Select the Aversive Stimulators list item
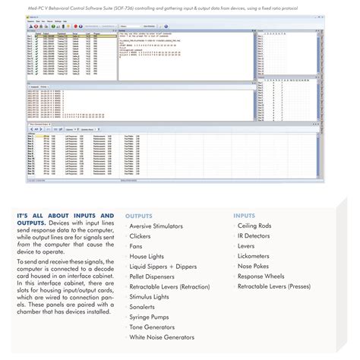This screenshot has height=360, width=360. click(161, 226)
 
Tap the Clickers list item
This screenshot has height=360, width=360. click(143, 236)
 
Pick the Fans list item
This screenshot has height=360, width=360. click(137, 246)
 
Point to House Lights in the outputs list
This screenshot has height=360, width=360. click(147, 257)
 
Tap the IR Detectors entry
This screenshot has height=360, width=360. click(257, 236)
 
